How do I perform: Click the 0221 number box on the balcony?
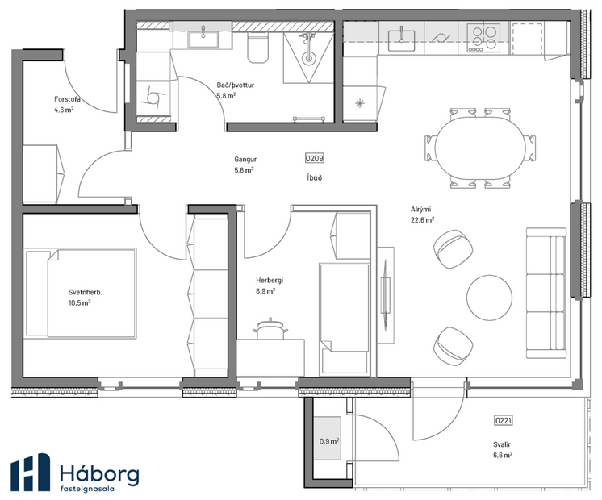[x=503, y=420]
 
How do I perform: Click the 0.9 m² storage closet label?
[x=328, y=440]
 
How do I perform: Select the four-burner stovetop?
[x=483, y=37]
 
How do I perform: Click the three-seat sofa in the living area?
[x=546, y=293]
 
